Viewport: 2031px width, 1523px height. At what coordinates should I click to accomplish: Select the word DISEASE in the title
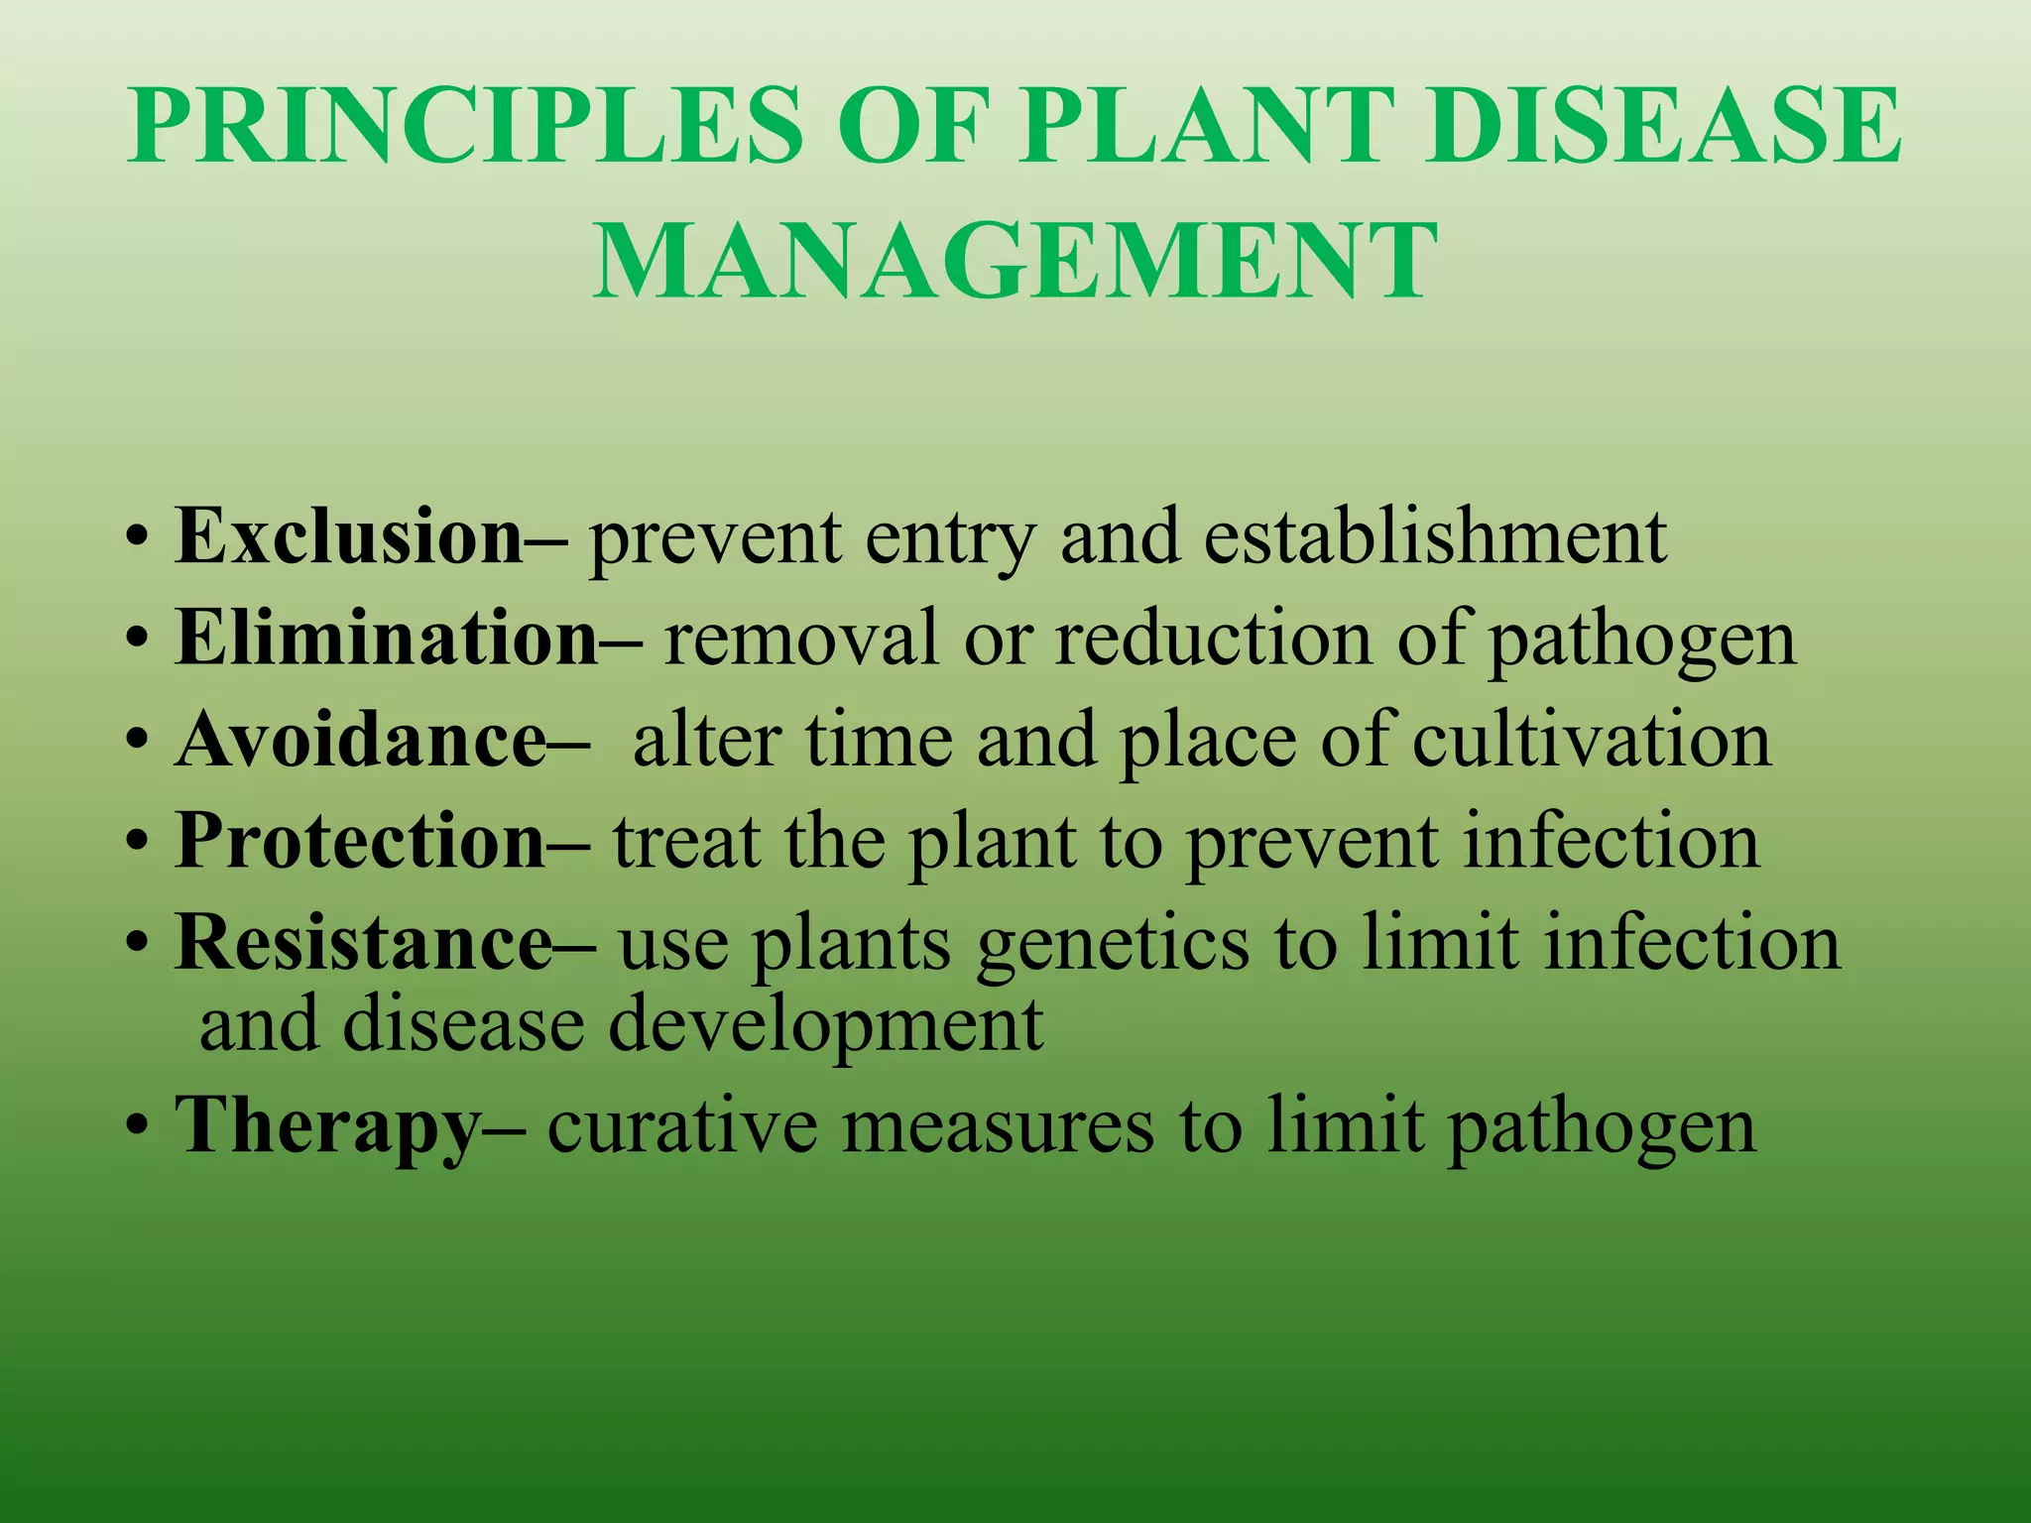pyautogui.click(x=1664, y=127)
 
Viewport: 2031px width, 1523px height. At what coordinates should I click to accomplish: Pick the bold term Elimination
pyautogui.click(x=387, y=638)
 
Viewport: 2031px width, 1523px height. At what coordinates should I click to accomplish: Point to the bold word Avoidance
pyautogui.click(x=360, y=740)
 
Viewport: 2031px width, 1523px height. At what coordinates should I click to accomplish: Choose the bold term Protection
pyautogui.click(x=360, y=841)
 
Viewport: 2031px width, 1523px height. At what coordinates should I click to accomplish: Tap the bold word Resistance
pyautogui.click(x=363, y=942)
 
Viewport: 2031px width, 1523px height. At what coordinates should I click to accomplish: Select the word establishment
pyautogui.click(x=1435, y=536)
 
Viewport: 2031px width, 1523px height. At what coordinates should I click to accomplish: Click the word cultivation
pyautogui.click(x=1591, y=740)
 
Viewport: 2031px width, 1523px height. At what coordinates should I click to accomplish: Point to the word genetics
pyautogui.click(x=1113, y=944)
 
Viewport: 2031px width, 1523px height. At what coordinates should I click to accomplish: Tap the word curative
pyautogui.click(x=683, y=1126)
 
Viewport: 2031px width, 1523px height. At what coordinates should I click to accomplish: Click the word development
pyautogui.click(x=825, y=1025)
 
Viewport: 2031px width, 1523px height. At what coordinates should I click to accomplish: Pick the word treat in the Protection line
pyautogui.click(x=685, y=841)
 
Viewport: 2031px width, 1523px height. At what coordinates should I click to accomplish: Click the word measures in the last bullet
pyautogui.click(x=998, y=1126)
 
